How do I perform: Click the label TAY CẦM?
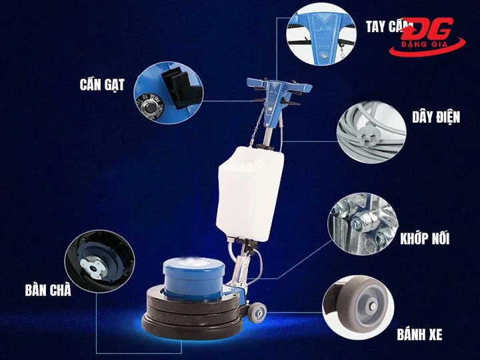(x=385, y=27)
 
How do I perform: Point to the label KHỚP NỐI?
(x=425, y=238)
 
